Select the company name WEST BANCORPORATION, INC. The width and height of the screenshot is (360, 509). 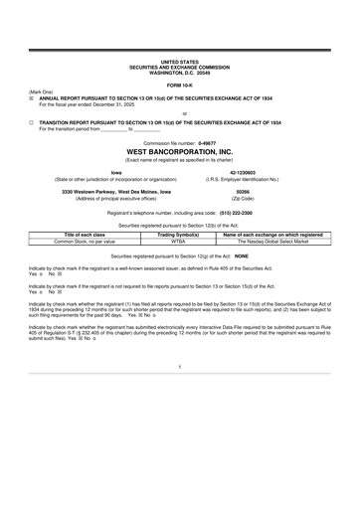(179, 152)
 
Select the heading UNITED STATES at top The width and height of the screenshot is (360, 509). (179, 61)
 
